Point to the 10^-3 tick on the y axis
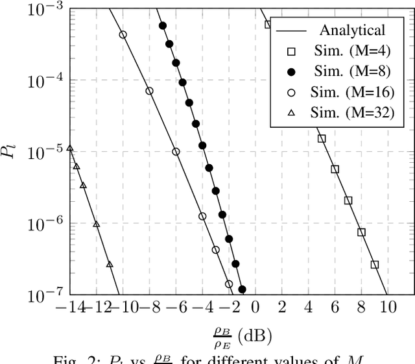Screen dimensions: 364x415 (42, 7)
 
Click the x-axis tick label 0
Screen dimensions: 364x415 (255, 308)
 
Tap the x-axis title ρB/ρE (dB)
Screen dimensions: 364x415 (241, 336)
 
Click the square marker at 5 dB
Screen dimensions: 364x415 (321, 138)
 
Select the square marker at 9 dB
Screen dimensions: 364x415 (374, 264)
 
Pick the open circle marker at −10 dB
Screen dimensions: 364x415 (123, 35)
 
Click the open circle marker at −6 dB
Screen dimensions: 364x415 (176, 152)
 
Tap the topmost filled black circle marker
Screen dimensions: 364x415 (162, 26)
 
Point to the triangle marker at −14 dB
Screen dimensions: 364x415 (70, 149)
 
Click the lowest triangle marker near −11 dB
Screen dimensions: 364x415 (110, 264)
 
